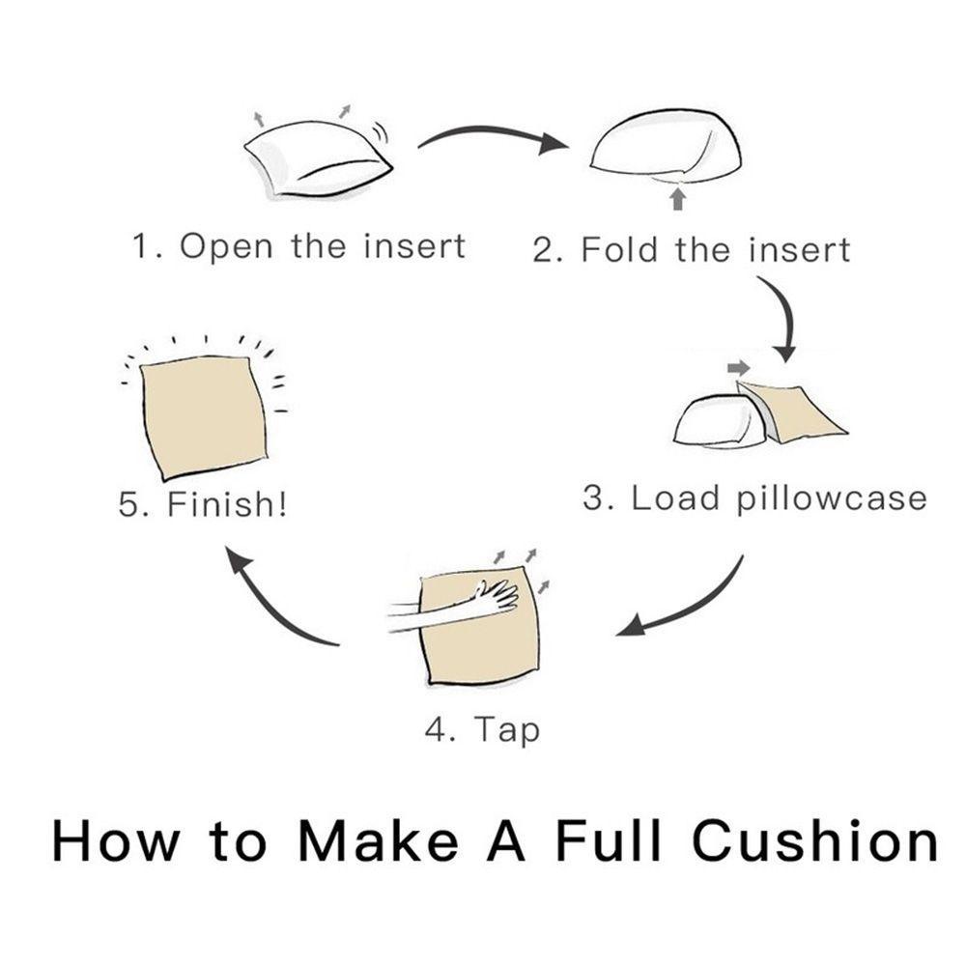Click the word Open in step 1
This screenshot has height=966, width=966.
point(226,247)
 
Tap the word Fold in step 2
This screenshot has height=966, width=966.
point(619,249)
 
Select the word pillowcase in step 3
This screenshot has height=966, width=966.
point(832,498)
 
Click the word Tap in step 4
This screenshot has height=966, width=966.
point(506,730)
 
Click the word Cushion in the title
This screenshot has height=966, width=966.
point(814,840)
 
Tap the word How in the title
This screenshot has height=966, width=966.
point(117,841)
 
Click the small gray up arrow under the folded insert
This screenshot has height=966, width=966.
point(678,199)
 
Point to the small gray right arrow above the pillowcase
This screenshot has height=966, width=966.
point(738,368)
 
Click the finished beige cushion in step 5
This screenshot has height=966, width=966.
point(204,415)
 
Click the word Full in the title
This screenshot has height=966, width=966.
point(608,840)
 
